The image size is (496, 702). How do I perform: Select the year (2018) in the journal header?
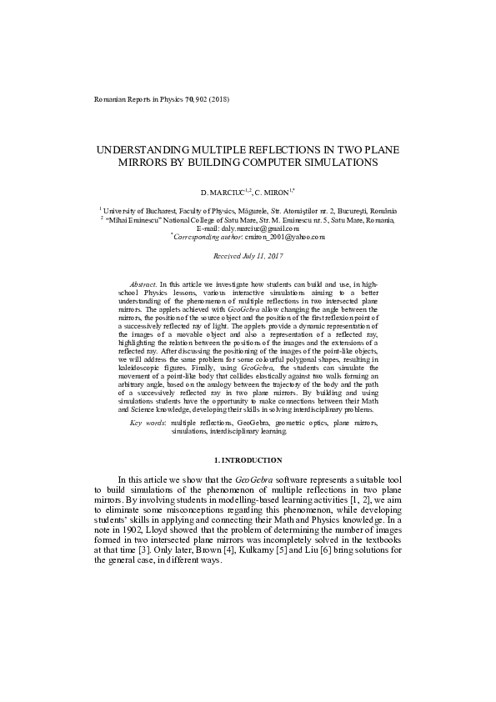pos(218,99)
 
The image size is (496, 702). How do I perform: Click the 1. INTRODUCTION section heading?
pos(248,460)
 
